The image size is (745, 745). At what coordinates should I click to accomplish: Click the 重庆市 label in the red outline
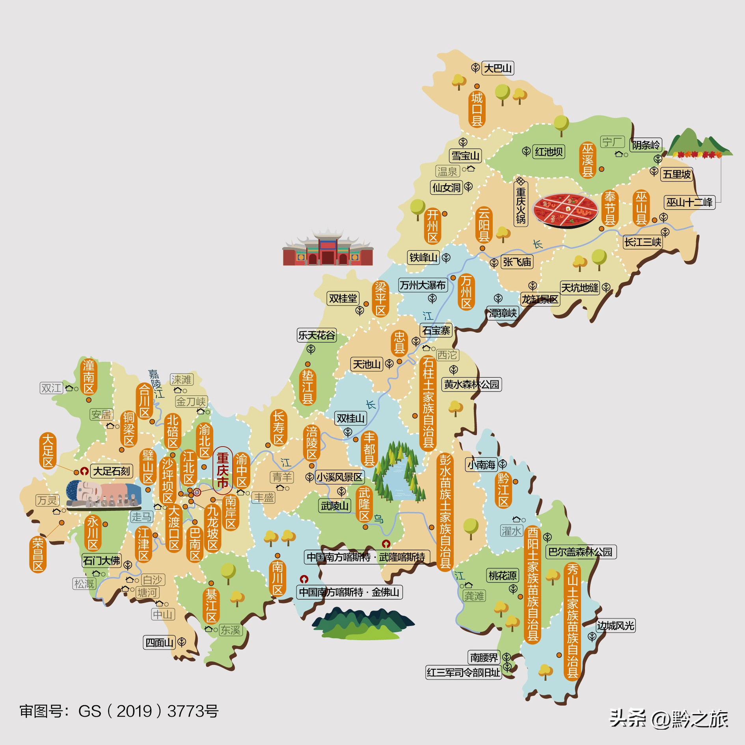pos(223,470)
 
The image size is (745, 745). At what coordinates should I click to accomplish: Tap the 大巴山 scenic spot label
pos(498,68)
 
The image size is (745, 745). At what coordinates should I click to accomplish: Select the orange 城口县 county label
pos(477,109)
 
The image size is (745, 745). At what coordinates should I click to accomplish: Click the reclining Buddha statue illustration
pos(103,494)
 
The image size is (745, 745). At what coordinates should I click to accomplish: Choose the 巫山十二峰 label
pos(689,202)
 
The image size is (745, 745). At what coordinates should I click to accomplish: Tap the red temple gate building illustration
pos(328,248)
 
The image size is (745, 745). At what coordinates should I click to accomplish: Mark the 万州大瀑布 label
pos(422,285)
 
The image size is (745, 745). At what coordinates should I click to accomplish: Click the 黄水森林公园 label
pos(471,384)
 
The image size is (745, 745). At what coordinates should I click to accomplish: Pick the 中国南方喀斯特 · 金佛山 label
pos(349,592)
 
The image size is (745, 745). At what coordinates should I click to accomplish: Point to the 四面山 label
pos(159,643)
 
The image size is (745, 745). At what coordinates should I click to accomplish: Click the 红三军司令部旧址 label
pos(463,672)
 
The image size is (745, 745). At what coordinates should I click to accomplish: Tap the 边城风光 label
pos(615,626)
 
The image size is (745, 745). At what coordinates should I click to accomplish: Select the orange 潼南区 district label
pos(89,377)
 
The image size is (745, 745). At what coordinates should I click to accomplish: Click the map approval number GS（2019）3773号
pos(119,711)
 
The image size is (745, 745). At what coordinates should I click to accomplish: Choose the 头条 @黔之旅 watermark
pos(669,718)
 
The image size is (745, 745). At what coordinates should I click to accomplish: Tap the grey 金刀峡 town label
pos(191,402)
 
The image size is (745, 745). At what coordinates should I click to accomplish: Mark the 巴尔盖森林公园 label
pos(580,552)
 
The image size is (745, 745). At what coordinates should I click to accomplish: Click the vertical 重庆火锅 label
pos(521,205)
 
